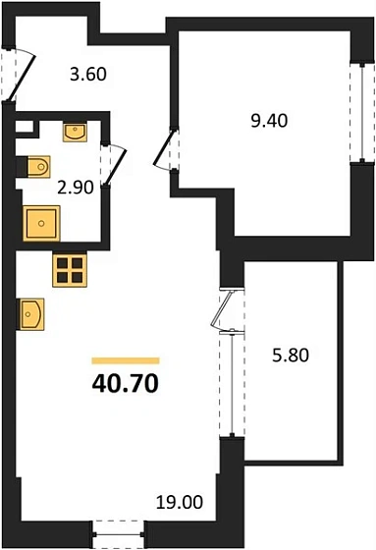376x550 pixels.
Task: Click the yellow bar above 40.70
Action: tap(125, 360)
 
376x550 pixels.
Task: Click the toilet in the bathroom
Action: tap(37, 167)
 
